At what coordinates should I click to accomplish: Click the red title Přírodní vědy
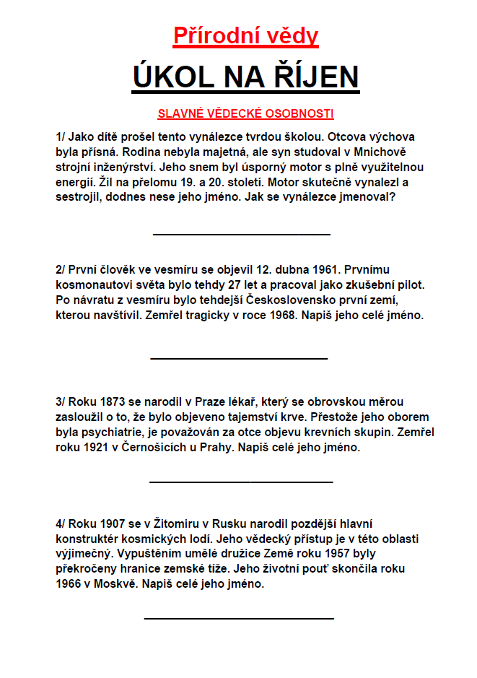coord(245,35)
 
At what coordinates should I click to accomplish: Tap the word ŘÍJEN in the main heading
coord(312,77)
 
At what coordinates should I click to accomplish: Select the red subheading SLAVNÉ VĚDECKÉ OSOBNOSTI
coord(245,113)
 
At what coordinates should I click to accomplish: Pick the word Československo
coord(289,300)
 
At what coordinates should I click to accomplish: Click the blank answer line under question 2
coord(239,357)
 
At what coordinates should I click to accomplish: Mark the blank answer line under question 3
coord(241,481)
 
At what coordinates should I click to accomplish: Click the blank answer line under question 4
coord(239,618)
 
